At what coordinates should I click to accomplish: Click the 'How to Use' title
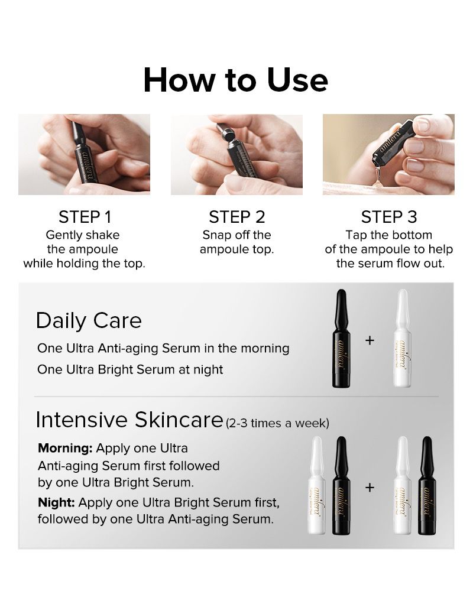(235, 80)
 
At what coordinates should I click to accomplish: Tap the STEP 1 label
(84, 216)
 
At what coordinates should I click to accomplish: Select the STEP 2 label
(237, 216)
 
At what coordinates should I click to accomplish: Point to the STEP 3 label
(388, 216)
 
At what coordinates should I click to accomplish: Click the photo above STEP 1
(84, 155)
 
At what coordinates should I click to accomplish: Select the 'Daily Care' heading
(89, 320)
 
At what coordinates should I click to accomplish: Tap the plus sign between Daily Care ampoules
(370, 340)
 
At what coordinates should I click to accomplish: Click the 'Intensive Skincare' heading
(129, 420)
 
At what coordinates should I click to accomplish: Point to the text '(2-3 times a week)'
(277, 423)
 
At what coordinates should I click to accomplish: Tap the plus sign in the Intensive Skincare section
(370, 488)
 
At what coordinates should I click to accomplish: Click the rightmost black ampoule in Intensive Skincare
(426, 486)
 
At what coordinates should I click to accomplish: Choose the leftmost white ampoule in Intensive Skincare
(317, 486)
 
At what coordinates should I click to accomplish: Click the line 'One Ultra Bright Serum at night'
(130, 369)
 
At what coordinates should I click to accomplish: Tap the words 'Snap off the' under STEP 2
(237, 235)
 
